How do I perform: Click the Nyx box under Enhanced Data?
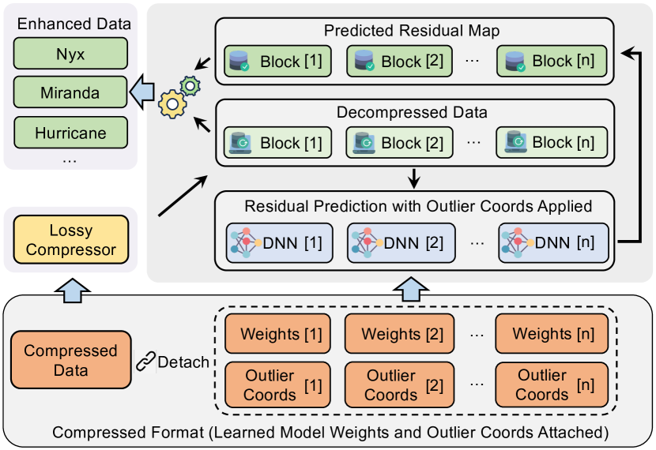point(70,54)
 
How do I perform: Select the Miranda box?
point(70,93)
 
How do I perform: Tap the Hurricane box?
point(70,133)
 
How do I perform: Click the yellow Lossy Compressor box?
point(70,241)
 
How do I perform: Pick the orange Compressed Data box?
point(70,360)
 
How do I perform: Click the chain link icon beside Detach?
point(145,362)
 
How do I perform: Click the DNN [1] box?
point(276,242)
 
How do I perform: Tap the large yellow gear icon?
point(172,103)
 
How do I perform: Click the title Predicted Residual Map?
point(412,32)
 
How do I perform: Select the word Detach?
point(183,362)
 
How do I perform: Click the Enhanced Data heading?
point(71,24)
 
